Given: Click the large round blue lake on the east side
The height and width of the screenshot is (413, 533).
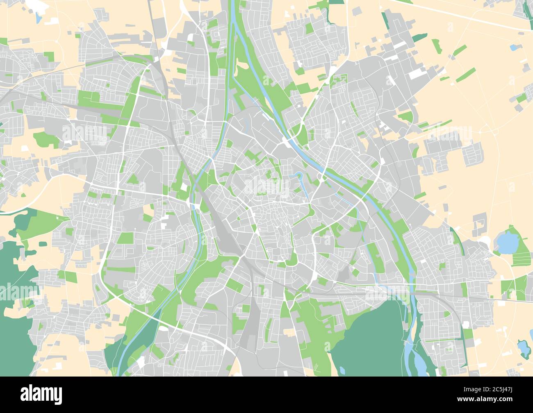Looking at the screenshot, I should pos(507,242).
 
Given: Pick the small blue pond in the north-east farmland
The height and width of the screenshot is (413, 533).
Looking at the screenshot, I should pos(513,48).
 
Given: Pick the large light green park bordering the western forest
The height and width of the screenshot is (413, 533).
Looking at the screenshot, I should pos(41,223).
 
